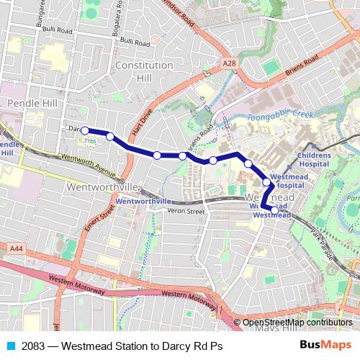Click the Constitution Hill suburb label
(x=144, y=71)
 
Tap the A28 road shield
(x=229, y=65)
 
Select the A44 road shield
(x=16, y=248)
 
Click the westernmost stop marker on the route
(x=85, y=130)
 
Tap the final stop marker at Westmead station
(x=274, y=210)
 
